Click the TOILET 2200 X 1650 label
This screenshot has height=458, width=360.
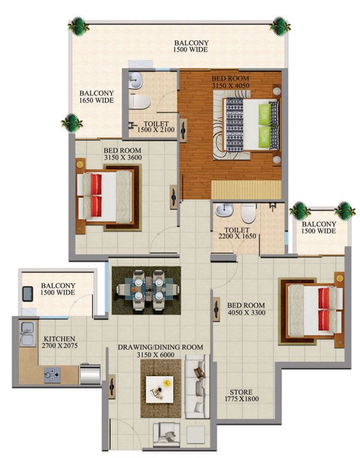pos(235,233)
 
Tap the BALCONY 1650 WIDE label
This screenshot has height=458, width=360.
pos(97,97)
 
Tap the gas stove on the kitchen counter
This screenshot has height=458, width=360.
pos(51,375)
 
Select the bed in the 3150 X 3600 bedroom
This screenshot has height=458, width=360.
pos(108,196)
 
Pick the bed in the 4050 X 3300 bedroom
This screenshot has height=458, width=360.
pos(314,310)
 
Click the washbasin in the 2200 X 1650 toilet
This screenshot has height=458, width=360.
pos(225,211)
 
